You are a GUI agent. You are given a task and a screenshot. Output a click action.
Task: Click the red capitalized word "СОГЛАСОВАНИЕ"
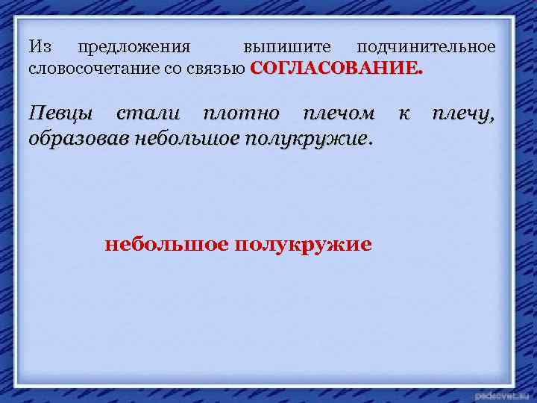pos(336,68)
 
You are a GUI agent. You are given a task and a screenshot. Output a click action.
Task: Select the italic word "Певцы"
pos(61,115)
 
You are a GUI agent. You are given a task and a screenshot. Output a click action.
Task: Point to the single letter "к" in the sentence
pos(403,114)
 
